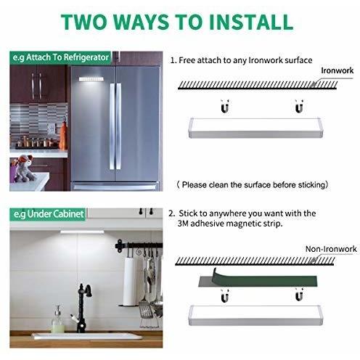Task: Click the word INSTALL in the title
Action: [251, 22]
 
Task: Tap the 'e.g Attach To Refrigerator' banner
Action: [60, 57]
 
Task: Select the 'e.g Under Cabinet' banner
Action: [48, 214]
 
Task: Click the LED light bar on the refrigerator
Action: [91, 79]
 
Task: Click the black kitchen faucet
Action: [83, 308]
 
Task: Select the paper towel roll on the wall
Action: [131, 281]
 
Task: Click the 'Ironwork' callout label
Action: [337, 70]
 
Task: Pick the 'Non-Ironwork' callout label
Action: [331, 249]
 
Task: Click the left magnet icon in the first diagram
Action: [225, 106]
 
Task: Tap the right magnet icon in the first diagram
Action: [299, 106]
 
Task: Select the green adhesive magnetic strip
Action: [258, 279]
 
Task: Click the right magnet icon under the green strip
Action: [299, 295]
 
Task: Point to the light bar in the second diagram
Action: [255, 316]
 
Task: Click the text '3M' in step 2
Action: [183, 224]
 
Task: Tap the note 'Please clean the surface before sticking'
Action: [253, 185]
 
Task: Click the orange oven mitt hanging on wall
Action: [63, 136]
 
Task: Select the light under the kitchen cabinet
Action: [82, 232]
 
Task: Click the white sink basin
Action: [87, 336]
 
